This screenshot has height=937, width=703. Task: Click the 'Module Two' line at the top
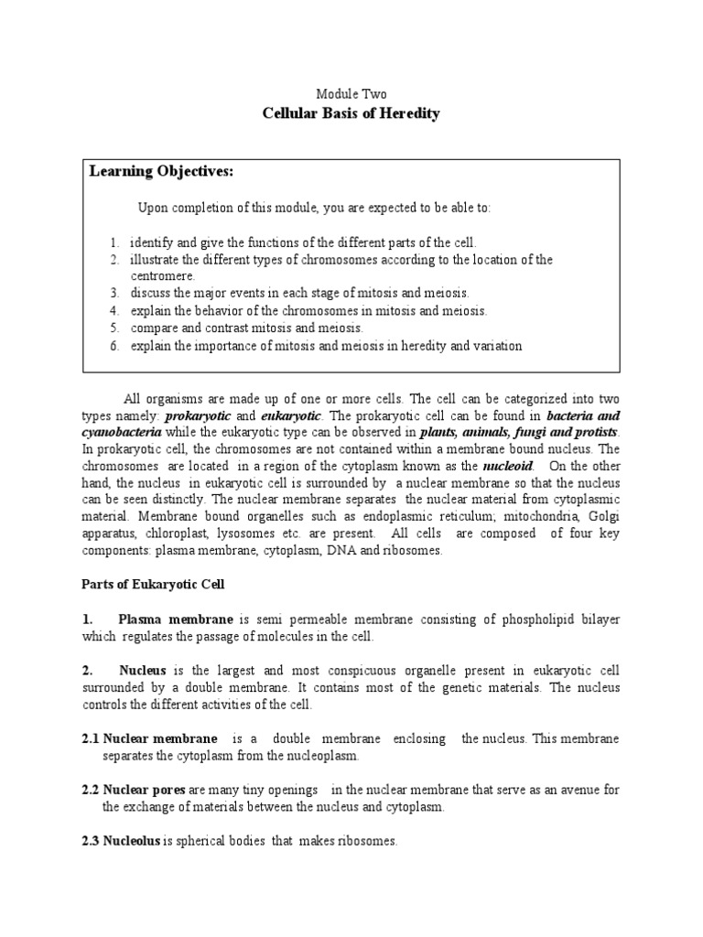[x=351, y=94]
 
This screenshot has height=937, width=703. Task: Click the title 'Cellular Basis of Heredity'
[x=351, y=114]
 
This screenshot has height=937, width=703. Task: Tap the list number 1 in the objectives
[x=115, y=242]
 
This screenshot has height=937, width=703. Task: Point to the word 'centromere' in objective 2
[x=163, y=275]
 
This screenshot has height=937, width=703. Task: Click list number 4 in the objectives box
[x=115, y=310]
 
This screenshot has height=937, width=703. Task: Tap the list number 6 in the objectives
[x=115, y=345]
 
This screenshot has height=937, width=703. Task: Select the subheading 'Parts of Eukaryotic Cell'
[x=153, y=585]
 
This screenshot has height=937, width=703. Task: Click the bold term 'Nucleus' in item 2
[x=140, y=671]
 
